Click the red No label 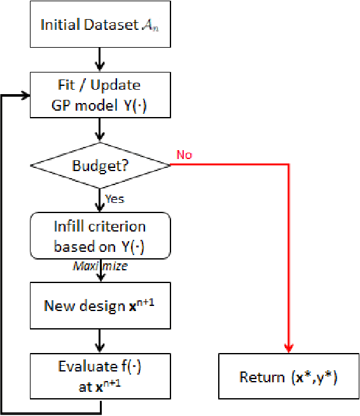[x=184, y=155]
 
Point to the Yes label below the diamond [x=114, y=199]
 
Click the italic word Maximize [x=99, y=267]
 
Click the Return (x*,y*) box [x=289, y=377]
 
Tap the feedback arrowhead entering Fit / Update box [x=25, y=95]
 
